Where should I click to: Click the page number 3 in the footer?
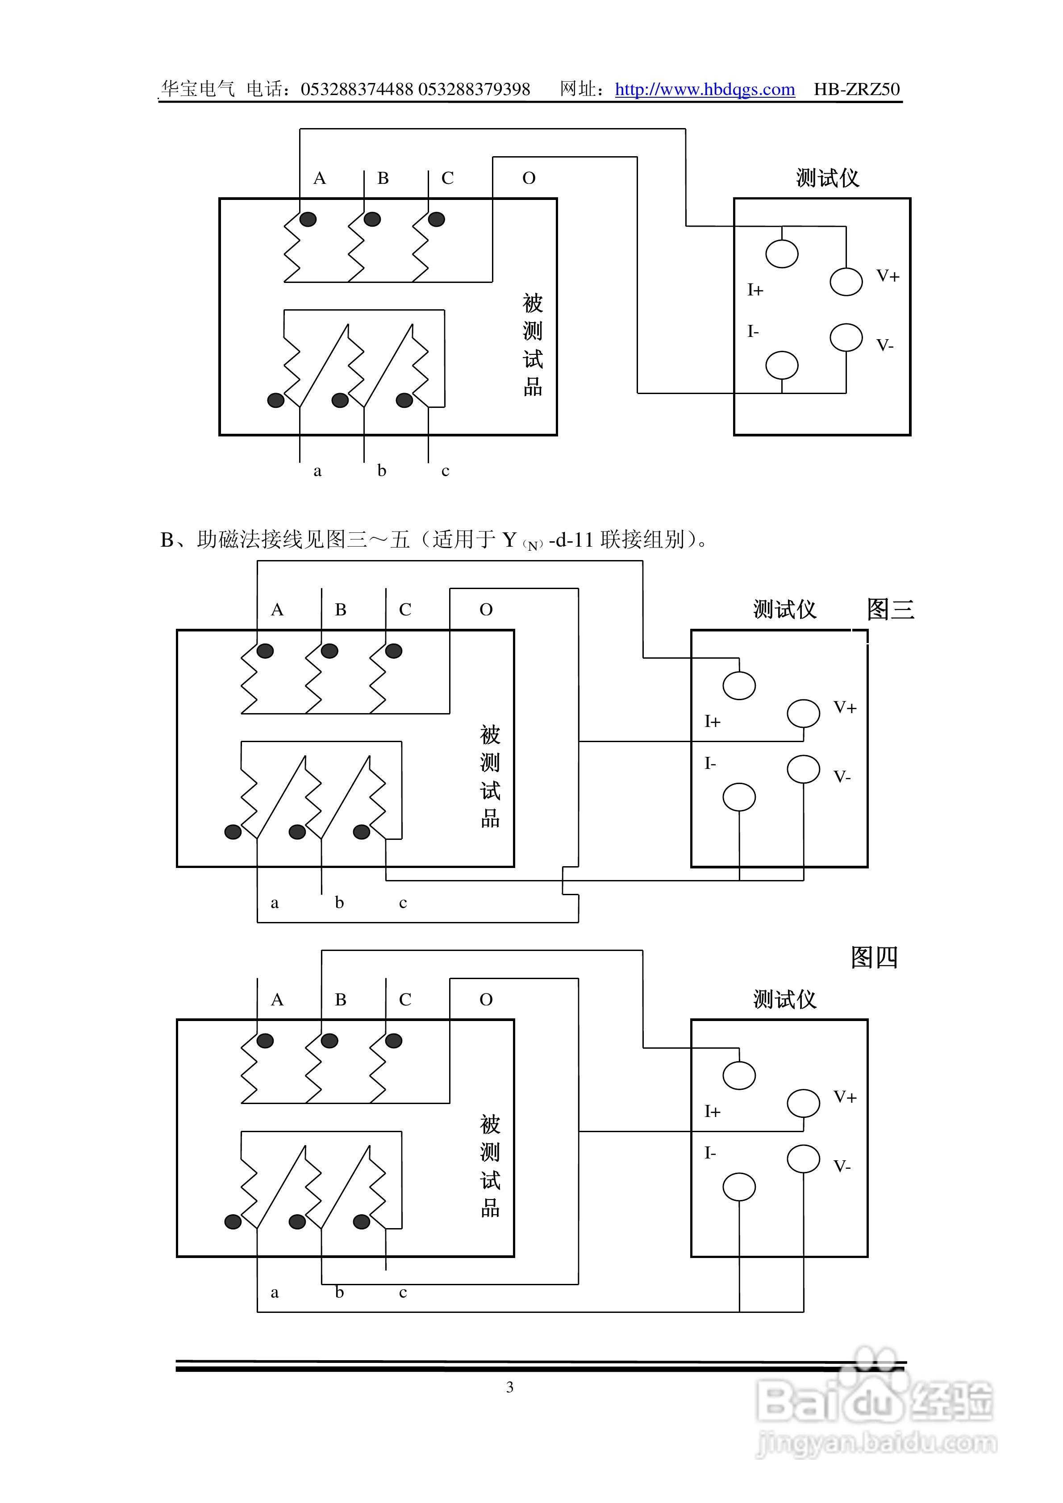point(509,1387)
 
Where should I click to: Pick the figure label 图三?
point(890,610)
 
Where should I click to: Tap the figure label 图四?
point(874,958)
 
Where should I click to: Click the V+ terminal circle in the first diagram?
point(846,282)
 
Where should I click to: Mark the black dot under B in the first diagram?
point(372,219)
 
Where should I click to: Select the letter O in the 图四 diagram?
point(486,1000)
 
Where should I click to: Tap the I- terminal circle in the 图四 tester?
point(739,1187)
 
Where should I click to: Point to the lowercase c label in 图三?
point(403,903)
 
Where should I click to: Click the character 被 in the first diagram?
point(533,303)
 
